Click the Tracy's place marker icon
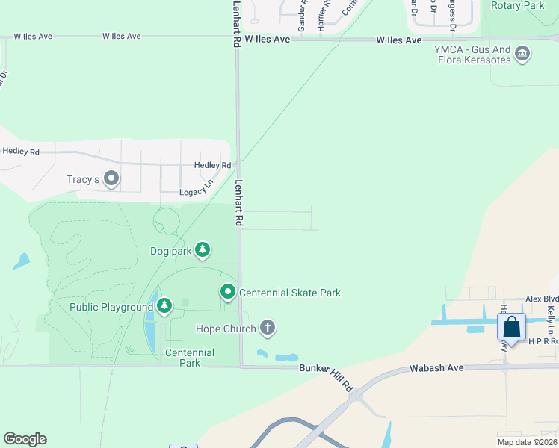tap(112, 178)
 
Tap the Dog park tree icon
tap(202, 249)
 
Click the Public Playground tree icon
tap(164, 305)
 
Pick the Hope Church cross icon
tap(267, 328)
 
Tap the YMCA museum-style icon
tap(523, 53)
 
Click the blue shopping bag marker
tap(511, 328)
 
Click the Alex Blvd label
tap(542, 298)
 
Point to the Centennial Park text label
tap(190, 358)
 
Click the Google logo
tap(25, 439)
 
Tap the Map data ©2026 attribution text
tap(527, 442)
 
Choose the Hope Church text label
tap(226, 329)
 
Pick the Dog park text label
tap(171, 251)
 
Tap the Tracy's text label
tap(83, 179)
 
